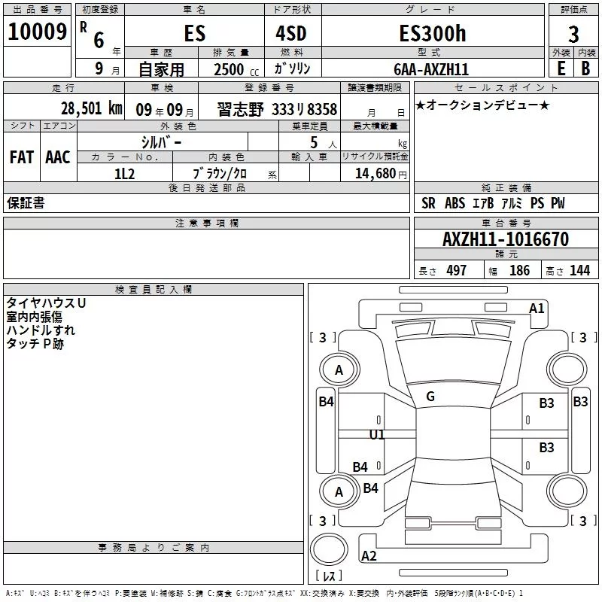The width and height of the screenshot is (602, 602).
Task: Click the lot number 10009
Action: (x=37, y=32)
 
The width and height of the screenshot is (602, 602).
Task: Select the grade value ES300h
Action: (x=433, y=33)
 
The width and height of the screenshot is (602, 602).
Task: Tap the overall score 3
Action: (x=573, y=35)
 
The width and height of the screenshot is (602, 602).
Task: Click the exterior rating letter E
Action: (x=561, y=68)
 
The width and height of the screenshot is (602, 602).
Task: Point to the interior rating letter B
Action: (x=585, y=68)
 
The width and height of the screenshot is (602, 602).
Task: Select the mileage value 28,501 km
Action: (x=92, y=108)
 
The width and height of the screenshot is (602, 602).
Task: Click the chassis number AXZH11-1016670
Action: (x=506, y=239)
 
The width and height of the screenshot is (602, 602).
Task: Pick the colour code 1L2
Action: (x=125, y=174)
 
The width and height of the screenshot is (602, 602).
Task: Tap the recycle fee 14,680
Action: (x=375, y=174)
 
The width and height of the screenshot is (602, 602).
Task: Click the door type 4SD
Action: (x=291, y=33)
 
